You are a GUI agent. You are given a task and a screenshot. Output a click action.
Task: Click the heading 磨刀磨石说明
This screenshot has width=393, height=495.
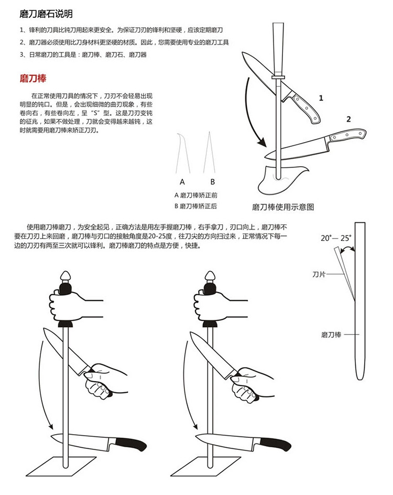46,14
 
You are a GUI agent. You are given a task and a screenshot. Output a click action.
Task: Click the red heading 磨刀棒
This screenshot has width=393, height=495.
33,78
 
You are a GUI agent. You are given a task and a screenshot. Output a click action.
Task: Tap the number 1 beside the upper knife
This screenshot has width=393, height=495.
321,98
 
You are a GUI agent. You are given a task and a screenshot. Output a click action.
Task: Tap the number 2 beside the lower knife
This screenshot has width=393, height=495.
348,119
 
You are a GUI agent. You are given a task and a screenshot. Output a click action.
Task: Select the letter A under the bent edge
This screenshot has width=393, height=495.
182,182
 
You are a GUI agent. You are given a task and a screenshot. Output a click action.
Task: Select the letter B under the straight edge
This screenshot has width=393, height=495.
213,182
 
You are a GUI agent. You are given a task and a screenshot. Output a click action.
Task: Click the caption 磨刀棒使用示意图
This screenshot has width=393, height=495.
283,207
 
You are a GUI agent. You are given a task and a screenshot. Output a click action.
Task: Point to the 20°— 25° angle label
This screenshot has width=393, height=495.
336,238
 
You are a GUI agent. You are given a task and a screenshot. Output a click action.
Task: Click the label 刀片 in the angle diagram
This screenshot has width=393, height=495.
319,274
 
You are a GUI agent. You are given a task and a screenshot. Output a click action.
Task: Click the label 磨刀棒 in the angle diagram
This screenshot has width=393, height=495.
331,335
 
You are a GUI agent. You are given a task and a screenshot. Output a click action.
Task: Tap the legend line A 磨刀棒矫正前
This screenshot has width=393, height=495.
195,195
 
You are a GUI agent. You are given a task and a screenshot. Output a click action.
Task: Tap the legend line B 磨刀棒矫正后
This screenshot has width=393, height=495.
195,206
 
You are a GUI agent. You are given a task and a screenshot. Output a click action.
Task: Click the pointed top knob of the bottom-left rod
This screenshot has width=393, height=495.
65,276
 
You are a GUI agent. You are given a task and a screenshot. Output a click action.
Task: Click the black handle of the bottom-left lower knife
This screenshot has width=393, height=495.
131,443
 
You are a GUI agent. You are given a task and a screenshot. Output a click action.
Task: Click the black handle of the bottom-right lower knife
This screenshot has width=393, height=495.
275,443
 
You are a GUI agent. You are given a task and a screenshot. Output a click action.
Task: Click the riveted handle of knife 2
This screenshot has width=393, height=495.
347,135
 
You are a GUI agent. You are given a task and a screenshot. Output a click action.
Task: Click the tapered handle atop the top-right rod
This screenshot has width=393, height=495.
278,49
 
